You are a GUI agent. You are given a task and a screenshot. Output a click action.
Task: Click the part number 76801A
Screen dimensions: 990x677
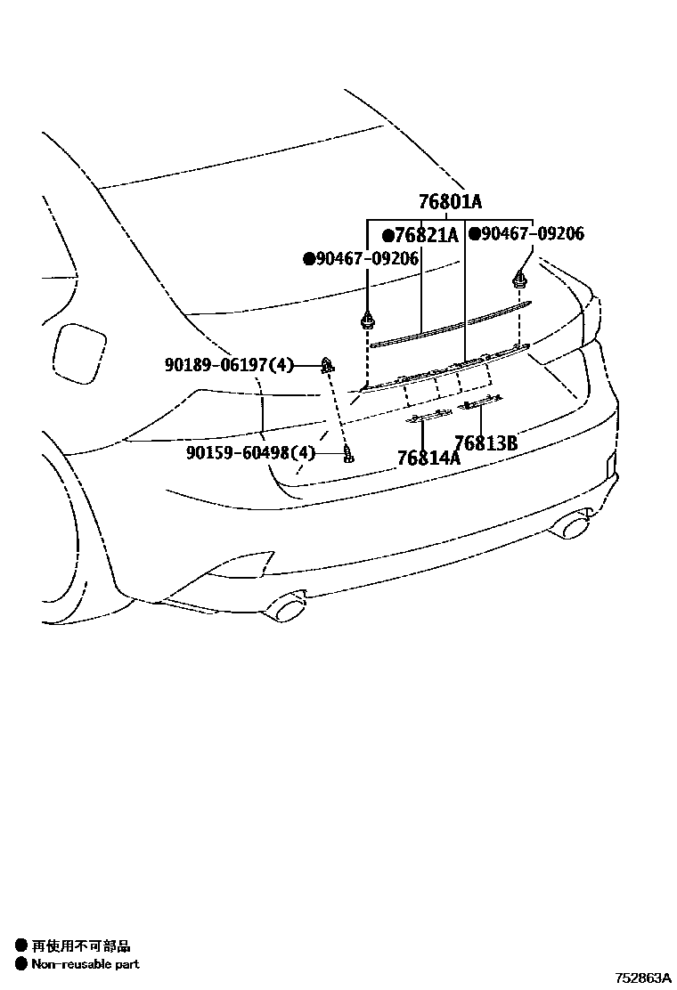click(451, 202)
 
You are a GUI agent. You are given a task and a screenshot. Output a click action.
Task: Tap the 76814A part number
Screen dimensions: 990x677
click(428, 458)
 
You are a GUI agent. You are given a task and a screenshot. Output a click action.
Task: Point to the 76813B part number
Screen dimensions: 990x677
click(485, 442)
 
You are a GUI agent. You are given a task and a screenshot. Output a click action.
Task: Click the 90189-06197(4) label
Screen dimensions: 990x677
click(229, 364)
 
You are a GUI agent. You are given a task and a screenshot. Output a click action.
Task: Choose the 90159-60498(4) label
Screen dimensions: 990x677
click(251, 453)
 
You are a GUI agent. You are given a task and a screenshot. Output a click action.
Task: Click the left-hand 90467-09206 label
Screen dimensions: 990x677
click(366, 259)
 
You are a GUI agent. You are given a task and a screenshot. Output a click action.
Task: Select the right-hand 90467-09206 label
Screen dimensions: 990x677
click(533, 234)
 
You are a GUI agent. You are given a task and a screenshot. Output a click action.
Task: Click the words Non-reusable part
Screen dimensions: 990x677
click(86, 963)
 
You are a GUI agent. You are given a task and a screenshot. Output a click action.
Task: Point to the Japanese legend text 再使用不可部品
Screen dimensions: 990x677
click(80, 946)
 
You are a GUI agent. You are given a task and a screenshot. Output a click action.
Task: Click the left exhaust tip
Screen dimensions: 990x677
click(290, 611)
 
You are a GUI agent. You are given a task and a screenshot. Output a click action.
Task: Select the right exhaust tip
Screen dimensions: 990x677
click(570, 527)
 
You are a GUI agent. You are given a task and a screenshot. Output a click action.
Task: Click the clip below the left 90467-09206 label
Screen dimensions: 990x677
click(366, 320)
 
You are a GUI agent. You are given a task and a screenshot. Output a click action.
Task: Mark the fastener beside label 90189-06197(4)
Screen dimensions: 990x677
click(328, 363)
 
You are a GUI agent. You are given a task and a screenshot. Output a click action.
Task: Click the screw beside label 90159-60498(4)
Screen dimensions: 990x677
click(349, 456)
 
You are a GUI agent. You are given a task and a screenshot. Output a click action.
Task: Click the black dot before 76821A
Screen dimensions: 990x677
click(387, 236)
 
